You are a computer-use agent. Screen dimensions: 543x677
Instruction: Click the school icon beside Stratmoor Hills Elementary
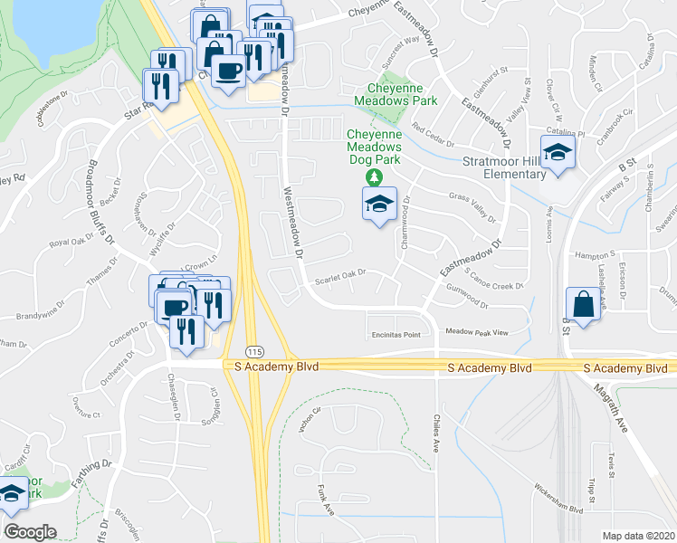[x=558, y=154]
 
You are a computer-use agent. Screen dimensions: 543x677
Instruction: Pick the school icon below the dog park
[x=379, y=205]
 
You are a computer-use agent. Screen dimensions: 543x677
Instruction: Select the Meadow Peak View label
[x=476, y=332]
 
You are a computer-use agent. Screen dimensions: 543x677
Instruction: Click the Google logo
[x=30, y=532]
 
